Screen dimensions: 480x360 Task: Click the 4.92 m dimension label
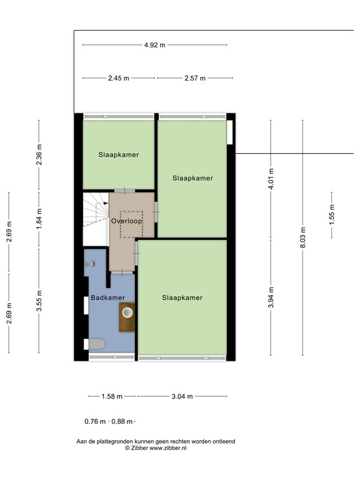click(x=154, y=45)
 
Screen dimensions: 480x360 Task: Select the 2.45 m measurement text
click(x=118, y=78)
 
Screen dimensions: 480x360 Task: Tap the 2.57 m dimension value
click(x=195, y=78)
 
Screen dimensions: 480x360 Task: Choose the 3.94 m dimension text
click(x=271, y=299)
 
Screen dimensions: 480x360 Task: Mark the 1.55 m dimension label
click(x=332, y=215)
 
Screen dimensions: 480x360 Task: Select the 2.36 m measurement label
click(x=39, y=159)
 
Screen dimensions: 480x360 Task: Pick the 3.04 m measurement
click(x=182, y=396)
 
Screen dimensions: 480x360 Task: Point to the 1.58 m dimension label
click(x=112, y=396)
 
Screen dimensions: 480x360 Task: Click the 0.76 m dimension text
click(x=96, y=421)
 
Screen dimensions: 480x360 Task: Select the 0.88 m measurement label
click(x=122, y=421)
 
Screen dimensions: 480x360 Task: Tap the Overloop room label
click(x=127, y=221)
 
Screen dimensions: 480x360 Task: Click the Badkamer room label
click(x=107, y=298)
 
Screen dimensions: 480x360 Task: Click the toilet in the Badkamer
click(x=96, y=344)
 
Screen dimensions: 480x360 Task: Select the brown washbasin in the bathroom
click(x=127, y=311)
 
